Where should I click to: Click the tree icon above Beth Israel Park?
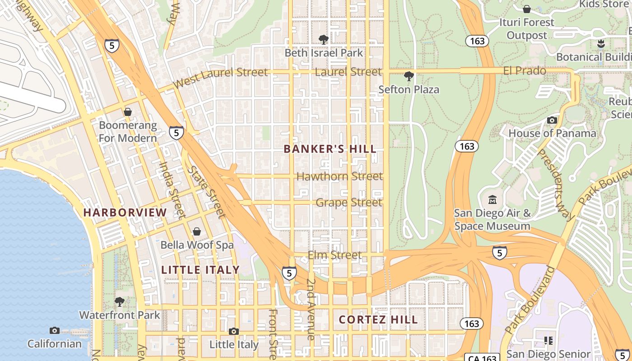pos(323,40)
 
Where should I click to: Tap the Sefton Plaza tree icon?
pos(409,76)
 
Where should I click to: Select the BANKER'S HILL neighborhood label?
pos(330,149)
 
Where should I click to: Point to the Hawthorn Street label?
pos(339,176)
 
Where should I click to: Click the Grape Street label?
pos(349,202)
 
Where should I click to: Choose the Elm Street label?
pos(335,255)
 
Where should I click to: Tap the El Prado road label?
pos(525,71)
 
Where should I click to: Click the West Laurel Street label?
pos(220,78)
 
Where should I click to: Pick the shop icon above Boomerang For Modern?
pos(128,111)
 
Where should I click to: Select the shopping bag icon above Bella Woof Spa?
pos(197,231)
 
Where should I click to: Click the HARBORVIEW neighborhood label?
pos(125,212)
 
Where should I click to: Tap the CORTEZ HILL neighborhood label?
pos(378,319)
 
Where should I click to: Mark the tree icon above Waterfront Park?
pos(120,301)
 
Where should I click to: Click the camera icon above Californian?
pos(55,330)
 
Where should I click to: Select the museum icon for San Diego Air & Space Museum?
pos(493,199)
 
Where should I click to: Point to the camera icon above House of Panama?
pos(552,120)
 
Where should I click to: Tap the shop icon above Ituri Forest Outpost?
pos(526,9)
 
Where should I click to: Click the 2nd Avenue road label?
pos(311,309)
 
